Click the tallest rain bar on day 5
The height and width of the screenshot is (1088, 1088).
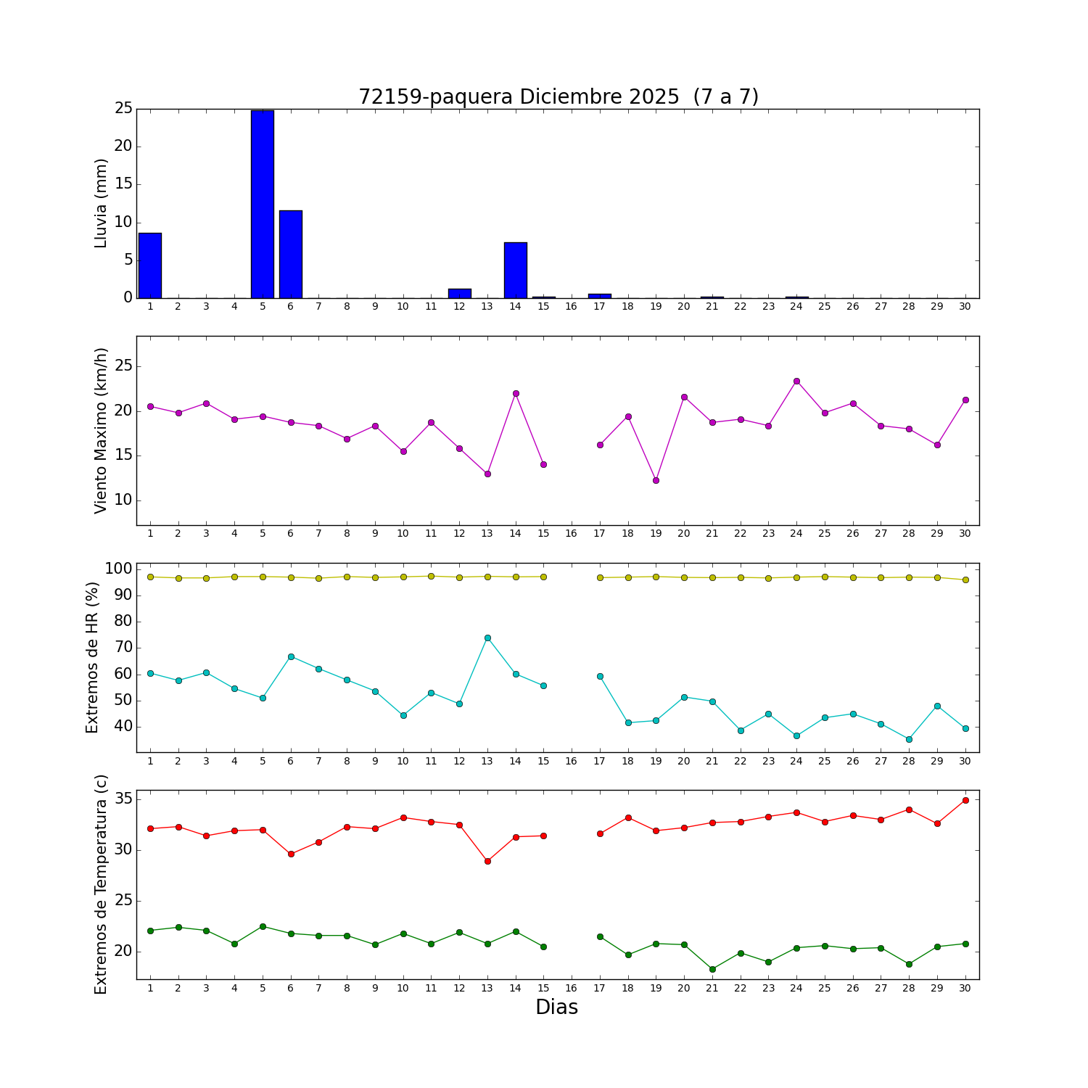click(x=263, y=205)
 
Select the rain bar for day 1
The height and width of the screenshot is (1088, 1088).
click(x=150, y=265)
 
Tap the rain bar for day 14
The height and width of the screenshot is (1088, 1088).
click(x=516, y=270)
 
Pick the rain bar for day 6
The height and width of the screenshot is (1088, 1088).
click(x=291, y=254)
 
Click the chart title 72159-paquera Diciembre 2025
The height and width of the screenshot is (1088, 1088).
click(x=558, y=97)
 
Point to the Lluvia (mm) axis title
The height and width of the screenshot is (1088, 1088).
click(x=101, y=203)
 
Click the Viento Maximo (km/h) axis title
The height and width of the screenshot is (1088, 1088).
click(x=101, y=430)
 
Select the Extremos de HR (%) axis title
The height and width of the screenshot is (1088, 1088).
click(x=92, y=657)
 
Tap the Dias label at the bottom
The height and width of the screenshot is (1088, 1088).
click(x=556, y=1007)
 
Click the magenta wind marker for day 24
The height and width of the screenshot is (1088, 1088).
click(x=796, y=381)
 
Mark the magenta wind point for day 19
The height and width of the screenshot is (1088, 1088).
click(x=656, y=480)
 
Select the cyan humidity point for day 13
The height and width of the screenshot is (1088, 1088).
click(x=487, y=638)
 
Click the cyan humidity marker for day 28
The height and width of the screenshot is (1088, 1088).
click(x=909, y=739)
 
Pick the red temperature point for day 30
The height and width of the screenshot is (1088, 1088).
click(x=965, y=800)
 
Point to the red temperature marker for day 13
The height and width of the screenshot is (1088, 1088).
click(x=487, y=861)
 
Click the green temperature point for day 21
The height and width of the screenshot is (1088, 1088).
click(x=712, y=969)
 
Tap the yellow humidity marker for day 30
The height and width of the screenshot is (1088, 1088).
click(x=965, y=580)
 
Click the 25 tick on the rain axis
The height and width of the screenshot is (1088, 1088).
click(x=123, y=109)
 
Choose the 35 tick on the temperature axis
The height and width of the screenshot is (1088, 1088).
click(x=123, y=799)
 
